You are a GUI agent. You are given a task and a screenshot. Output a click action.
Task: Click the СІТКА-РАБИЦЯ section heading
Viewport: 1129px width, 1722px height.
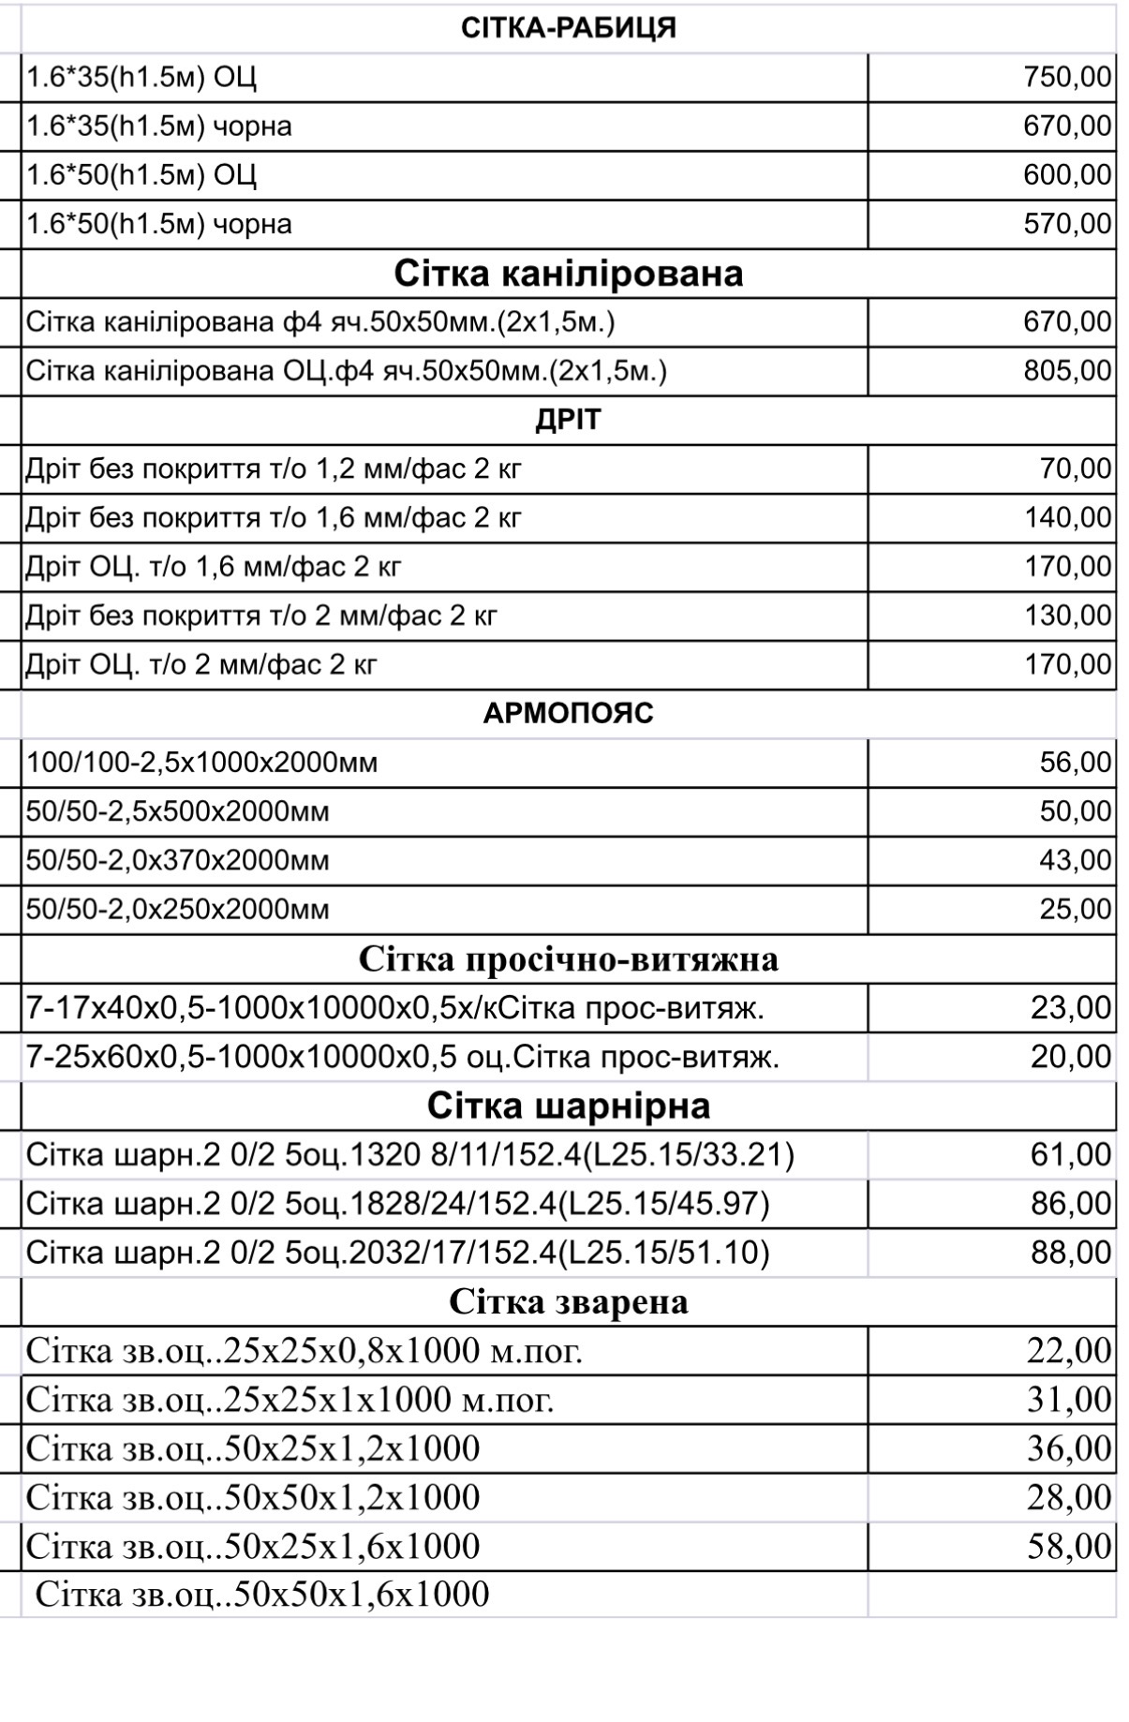coord(568,28)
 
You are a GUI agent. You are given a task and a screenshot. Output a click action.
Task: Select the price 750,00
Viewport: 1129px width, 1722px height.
coord(1067,77)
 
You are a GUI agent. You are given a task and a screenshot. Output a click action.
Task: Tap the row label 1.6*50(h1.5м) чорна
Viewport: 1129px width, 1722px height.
coord(159,224)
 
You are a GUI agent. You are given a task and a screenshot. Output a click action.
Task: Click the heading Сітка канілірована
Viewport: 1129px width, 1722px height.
coord(568,273)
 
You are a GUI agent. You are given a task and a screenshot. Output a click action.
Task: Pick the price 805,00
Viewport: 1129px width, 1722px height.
coord(1067,371)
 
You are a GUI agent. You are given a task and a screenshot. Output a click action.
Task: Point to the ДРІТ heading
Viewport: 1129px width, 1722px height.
coord(568,420)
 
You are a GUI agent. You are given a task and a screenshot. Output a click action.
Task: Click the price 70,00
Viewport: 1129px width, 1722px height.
coord(1076,468)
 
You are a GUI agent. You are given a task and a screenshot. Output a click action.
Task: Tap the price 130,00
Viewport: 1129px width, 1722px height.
coord(1067,616)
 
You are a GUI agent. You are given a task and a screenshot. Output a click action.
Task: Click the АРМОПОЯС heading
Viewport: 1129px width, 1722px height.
coord(568,714)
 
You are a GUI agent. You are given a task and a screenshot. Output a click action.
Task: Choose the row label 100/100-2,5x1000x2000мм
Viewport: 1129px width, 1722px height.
coord(202,763)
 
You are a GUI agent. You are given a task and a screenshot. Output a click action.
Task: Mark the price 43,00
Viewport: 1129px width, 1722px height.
coord(1076,860)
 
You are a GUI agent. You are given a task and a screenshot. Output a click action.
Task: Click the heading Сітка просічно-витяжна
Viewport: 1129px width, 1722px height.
coord(568,959)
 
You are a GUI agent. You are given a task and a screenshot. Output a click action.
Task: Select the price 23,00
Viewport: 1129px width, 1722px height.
coord(1071,1008)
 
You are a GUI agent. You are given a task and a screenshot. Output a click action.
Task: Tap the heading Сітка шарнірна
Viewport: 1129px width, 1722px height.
coord(568,1106)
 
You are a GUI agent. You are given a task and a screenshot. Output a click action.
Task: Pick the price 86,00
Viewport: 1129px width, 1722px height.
coord(1071,1203)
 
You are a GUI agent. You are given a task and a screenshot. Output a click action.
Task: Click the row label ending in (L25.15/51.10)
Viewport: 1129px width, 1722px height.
coord(398,1253)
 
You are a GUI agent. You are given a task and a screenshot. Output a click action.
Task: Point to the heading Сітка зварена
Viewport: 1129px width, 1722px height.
coord(568,1301)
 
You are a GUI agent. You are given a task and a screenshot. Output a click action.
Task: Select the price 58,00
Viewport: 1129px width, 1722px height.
coord(1069,1546)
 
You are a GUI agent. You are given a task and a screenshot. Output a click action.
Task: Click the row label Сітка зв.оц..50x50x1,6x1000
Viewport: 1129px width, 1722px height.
coord(262,1595)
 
